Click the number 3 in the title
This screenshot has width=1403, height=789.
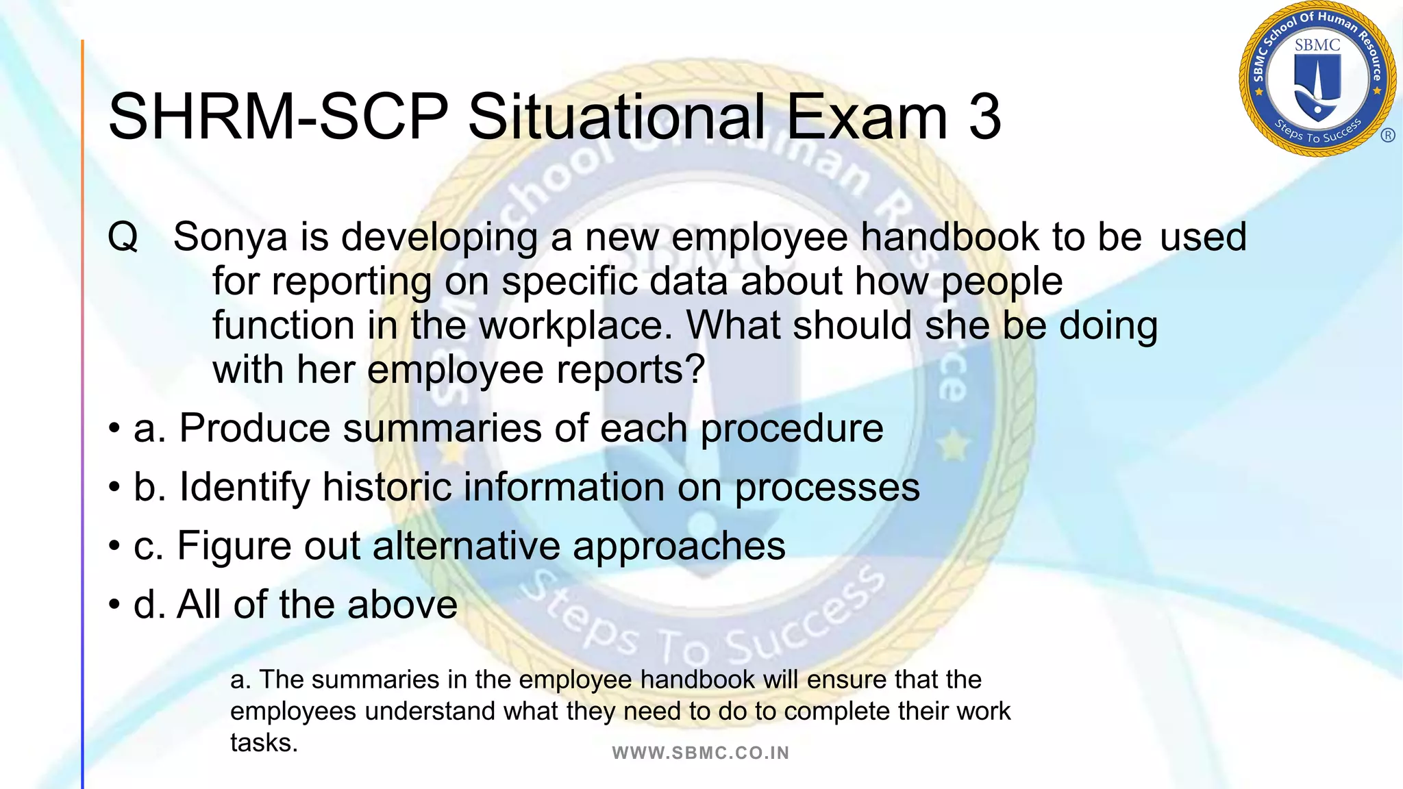(985, 116)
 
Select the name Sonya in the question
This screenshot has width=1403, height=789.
(230, 237)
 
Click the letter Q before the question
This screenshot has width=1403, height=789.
(123, 237)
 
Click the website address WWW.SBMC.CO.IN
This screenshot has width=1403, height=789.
(701, 753)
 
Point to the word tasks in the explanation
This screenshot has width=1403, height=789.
(263, 743)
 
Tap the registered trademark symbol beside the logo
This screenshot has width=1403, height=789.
(1388, 135)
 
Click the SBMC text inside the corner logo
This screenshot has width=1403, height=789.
(1317, 45)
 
